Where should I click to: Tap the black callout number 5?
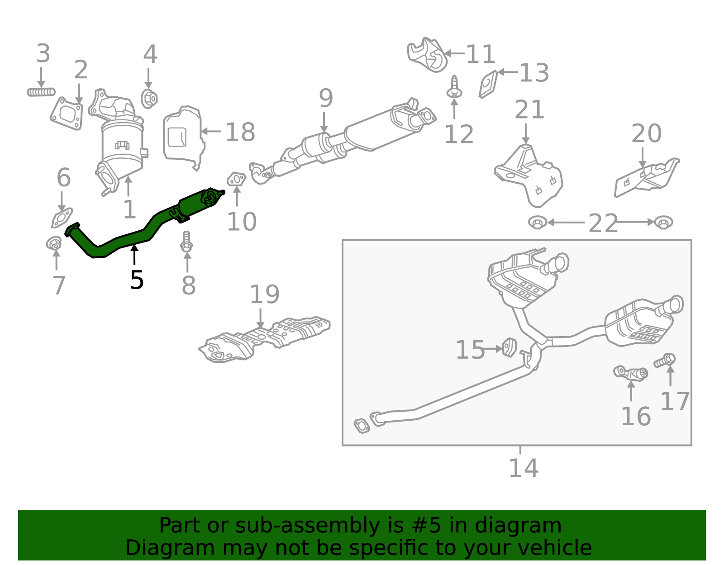[x=136, y=280]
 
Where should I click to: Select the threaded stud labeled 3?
[x=41, y=92]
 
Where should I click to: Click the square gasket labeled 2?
[x=67, y=113]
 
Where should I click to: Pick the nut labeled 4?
[x=149, y=99]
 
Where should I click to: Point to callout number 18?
[x=240, y=132]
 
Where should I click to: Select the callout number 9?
[x=326, y=98]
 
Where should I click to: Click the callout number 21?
[x=529, y=110]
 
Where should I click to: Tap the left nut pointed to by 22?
[x=537, y=223]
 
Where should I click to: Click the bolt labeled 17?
[x=665, y=361]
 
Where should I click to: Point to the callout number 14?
[x=523, y=468]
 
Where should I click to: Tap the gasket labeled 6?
[x=62, y=218]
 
